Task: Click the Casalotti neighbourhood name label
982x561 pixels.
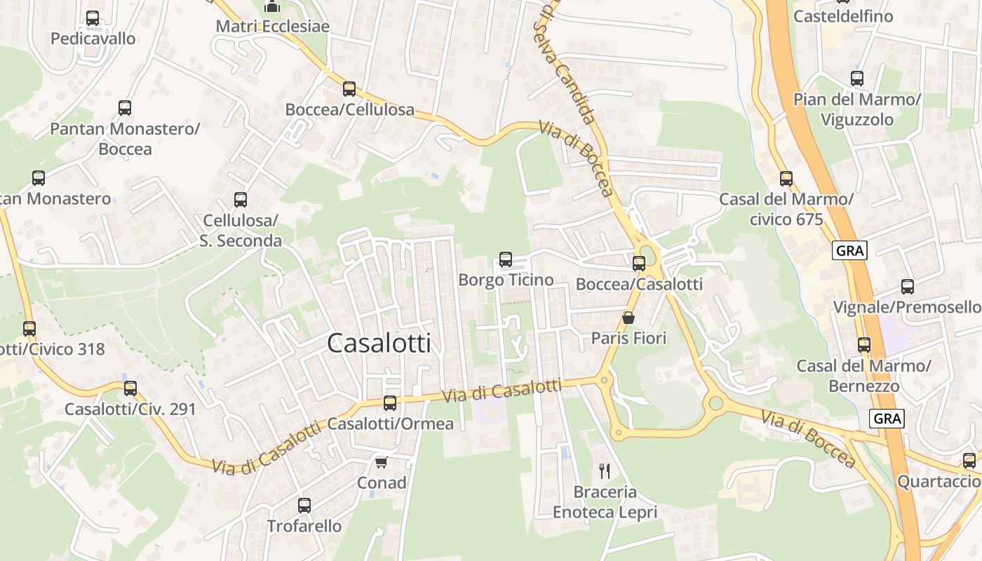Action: (x=379, y=343)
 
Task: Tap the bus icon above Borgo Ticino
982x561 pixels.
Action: (x=505, y=259)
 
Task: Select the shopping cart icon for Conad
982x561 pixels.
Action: (x=381, y=462)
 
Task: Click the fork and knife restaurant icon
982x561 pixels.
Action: (x=605, y=471)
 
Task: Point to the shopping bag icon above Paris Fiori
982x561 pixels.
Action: (x=628, y=318)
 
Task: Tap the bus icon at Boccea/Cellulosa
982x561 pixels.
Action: (x=349, y=89)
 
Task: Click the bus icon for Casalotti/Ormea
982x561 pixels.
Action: (x=390, y=403)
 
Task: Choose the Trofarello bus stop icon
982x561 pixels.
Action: (x=304, y=505)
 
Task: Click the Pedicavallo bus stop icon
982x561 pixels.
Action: (x=93, y=18)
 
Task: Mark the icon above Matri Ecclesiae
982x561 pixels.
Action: (x=272, y=7)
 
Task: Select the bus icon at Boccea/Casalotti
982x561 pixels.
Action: (x=638, y=264)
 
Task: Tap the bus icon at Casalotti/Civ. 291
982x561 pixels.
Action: (x=130, y=388)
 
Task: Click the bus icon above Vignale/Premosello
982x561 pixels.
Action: (x=908, y=286)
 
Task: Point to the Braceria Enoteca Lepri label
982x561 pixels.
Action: (x=605, y=502)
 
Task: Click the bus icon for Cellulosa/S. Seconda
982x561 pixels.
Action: (x=241, y=200)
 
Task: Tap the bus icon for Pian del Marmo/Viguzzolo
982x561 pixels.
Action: (x=856, y=79)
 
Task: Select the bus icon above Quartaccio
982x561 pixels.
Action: (x=969, y=461)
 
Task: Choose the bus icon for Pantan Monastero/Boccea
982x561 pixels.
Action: (x=125, y=108)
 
